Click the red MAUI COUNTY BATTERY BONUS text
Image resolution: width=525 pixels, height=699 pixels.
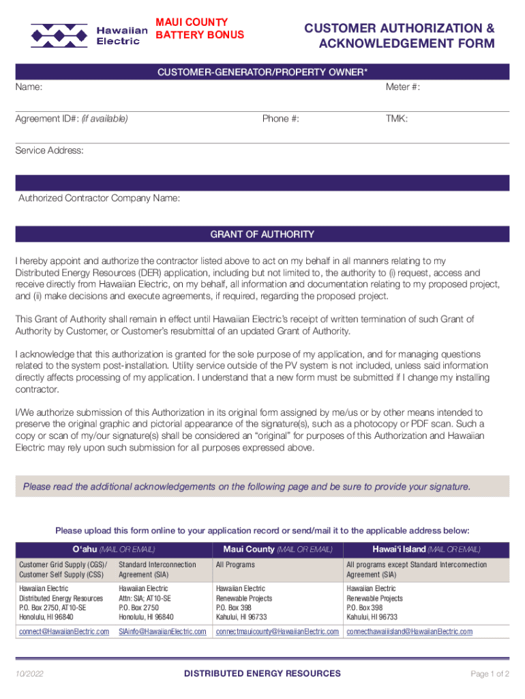click(x=200, y=29)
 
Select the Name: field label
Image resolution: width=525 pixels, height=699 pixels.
click(x=29, y=87)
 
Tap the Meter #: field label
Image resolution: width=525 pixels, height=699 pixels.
click(x=403, y=87)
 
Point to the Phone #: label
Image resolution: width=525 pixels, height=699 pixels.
click(x=280, y=119)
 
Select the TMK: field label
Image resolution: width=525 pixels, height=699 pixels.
click(x=397, y=119)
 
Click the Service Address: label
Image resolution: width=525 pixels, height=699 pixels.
click(x=50, y=150)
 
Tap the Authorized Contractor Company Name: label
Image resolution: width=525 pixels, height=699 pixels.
click(x=100, y=199)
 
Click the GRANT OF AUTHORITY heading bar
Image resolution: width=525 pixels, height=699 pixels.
click(x=262, y=234)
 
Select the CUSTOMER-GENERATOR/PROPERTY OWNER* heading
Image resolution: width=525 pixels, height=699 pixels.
click(x=262, y=72)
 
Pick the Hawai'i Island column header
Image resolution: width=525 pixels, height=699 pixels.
click(x=426, y=549)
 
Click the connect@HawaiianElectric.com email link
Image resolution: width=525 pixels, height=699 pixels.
click(x=64, y=631)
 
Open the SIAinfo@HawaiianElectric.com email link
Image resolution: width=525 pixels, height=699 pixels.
click(x=162, y=631)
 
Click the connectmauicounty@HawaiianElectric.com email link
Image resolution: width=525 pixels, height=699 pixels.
click(x=277, y=631)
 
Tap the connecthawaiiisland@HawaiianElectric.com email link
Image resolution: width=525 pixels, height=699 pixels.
click(x=409, y=631)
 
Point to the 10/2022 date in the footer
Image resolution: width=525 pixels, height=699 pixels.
click(x=29, y=674)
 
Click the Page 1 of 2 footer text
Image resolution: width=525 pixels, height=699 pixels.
click(x=490, y=674)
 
